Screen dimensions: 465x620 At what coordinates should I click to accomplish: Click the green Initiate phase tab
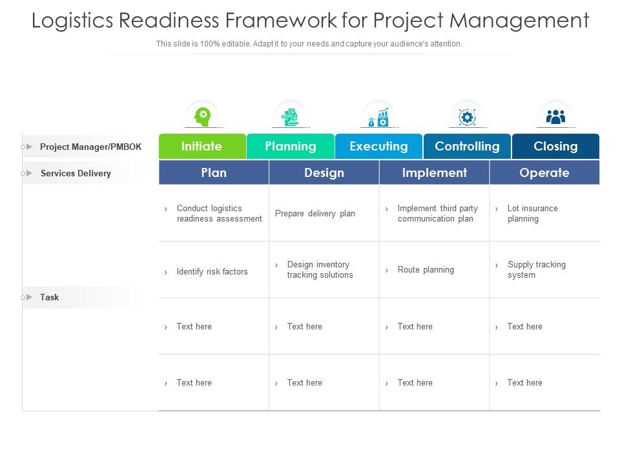[201, 146]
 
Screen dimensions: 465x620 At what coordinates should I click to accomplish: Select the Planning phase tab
[291, 146]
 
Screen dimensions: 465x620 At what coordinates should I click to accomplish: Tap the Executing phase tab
[378, 146]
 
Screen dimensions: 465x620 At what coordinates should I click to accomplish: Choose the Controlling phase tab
[467, 146]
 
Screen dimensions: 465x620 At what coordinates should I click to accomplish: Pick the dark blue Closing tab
[555, 146]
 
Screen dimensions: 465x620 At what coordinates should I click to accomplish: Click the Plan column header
[214, 172]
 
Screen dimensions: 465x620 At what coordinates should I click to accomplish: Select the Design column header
[324, 172]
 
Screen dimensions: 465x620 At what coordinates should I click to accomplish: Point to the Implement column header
[434, 172]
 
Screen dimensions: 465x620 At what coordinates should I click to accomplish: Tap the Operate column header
[544, 172]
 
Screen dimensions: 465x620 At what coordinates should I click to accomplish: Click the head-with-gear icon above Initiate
[203, 116]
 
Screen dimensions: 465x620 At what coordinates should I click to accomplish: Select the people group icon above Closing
[555, 116]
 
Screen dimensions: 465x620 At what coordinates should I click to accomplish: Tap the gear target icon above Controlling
[466, 117]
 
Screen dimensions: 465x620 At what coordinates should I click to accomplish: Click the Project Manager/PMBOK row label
[90, 147]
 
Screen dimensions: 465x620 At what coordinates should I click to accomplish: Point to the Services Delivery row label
[76, 173]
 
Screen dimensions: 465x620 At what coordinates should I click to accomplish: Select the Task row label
[49, 297]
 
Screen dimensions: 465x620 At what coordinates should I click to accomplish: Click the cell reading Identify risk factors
[212, 272]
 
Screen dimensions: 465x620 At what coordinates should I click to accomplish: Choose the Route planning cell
[426, 270]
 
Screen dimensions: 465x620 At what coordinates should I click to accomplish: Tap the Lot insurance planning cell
[532, 214]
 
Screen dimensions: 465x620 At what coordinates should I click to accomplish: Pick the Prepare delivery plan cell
[315, 214]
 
